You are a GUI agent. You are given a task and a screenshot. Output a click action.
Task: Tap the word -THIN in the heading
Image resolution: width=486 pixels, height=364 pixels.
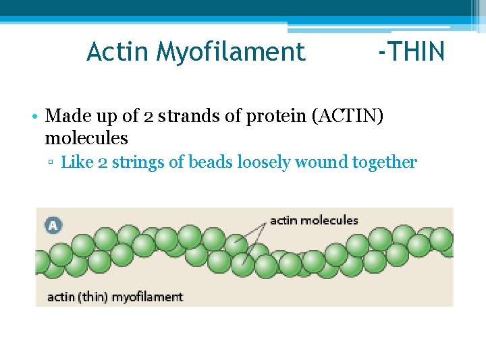[411, 51]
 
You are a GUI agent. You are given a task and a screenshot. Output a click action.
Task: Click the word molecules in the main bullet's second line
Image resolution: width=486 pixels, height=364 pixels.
[86, 138]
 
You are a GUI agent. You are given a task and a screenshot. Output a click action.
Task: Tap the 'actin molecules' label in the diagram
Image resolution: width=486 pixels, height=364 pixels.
[314, 220]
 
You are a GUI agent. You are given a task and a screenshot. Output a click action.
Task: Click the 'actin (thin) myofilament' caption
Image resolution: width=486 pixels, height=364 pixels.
[115, 297]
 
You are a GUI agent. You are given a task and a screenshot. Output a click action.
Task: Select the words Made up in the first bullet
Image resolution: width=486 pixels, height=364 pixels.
[76, 116]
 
